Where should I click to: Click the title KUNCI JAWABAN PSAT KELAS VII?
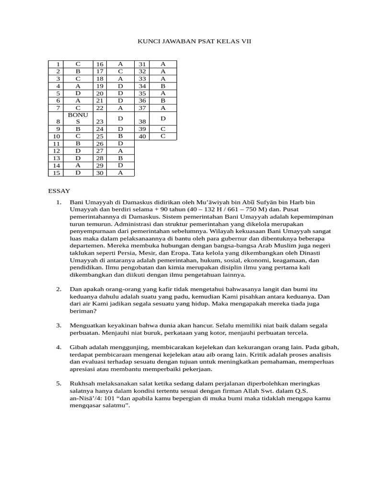[x=194, y=42]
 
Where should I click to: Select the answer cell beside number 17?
[x=120, y=71]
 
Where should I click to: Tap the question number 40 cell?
[x=142, y=137]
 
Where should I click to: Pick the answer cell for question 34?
[x=163, y=86]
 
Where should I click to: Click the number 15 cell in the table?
[x=56, y=173]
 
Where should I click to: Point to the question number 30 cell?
[x=100, y=173]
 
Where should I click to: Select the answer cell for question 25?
[x=120, y=136]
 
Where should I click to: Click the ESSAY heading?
[x=59, y=191]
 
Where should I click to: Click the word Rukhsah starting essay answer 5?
[x=83, y=384]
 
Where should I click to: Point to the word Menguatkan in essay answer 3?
[x=88, y=325]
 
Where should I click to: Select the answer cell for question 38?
[x=163, y=118]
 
